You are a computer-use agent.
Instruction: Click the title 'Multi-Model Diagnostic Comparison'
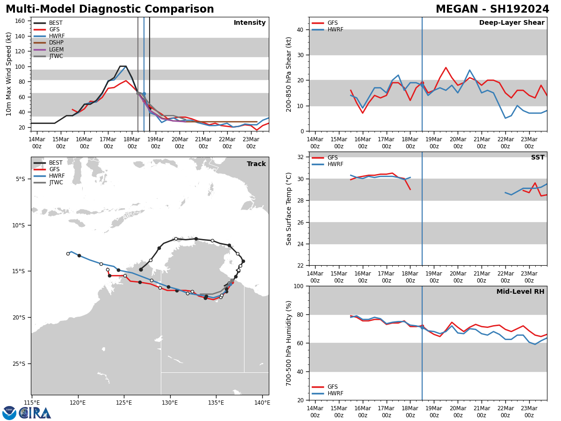(x=109, y=9)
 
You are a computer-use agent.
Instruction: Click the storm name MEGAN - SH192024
(x=492, y=9)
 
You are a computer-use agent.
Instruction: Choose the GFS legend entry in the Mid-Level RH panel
(x=332, y=387)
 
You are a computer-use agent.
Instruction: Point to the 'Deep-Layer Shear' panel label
(x=511, y=23)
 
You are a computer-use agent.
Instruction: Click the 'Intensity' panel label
(x=249, y=23)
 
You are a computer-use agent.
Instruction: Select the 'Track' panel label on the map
(x=256, y=164)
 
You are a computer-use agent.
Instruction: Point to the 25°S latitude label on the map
(x=20, y=364)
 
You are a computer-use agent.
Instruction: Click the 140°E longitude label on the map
(x=262, y=403)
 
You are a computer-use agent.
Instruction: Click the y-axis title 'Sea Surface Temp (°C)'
(x=289, y=209)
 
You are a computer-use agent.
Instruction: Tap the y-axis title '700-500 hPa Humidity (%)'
(x=289, y=343)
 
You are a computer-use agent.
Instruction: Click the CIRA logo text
(x=35, y=413)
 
